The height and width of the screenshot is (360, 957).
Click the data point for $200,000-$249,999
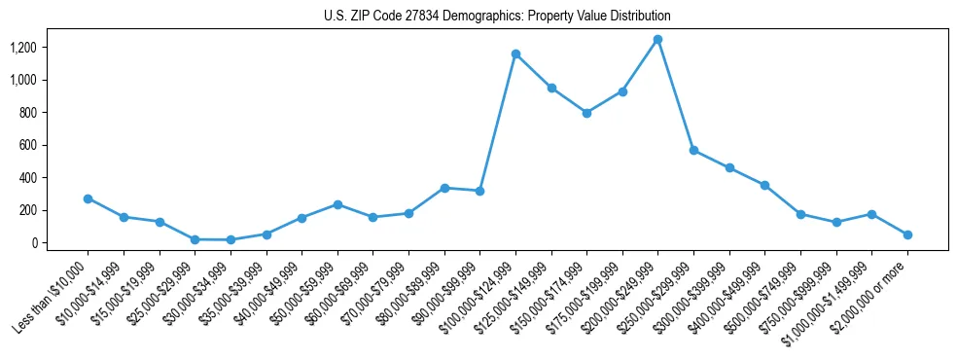pos(658,40)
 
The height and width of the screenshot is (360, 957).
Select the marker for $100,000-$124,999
pos(515,54)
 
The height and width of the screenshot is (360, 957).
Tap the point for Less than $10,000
pos(88,198)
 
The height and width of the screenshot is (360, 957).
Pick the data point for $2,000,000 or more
pos(907,234)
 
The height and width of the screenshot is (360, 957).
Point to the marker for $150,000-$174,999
pos(586,113)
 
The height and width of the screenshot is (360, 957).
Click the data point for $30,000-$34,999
pos(230,239)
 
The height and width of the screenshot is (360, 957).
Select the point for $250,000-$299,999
pos(693,150)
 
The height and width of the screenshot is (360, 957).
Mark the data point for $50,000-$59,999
pos(337,204)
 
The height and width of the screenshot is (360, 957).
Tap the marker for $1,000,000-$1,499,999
pos(871,214)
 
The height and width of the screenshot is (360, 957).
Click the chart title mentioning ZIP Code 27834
pos(497,17)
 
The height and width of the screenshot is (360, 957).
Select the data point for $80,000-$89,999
pos(444,188)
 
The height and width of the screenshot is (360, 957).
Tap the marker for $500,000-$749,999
pos(800,214)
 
